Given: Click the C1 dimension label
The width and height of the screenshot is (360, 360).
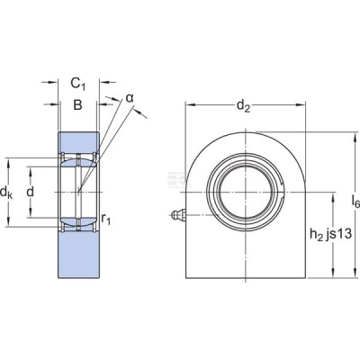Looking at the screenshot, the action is click(x=78, y=84).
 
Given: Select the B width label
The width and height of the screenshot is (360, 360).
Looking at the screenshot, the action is click(x=77, y=105).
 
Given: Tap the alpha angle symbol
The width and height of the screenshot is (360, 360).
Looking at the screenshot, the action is click(x=130, y=98).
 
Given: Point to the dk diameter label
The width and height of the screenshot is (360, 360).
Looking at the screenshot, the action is click(x=6, y=192).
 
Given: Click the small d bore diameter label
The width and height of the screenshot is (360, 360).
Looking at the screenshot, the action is click(x=30, y=192).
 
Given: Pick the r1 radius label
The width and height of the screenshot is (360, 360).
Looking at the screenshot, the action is click(x=106, y=220).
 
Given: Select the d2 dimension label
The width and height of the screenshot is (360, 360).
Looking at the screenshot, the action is click(x=243, y=106).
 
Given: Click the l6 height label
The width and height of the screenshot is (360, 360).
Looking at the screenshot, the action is click(x=355, y=201).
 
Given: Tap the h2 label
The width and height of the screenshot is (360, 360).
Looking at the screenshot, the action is click(x=315, y=234).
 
